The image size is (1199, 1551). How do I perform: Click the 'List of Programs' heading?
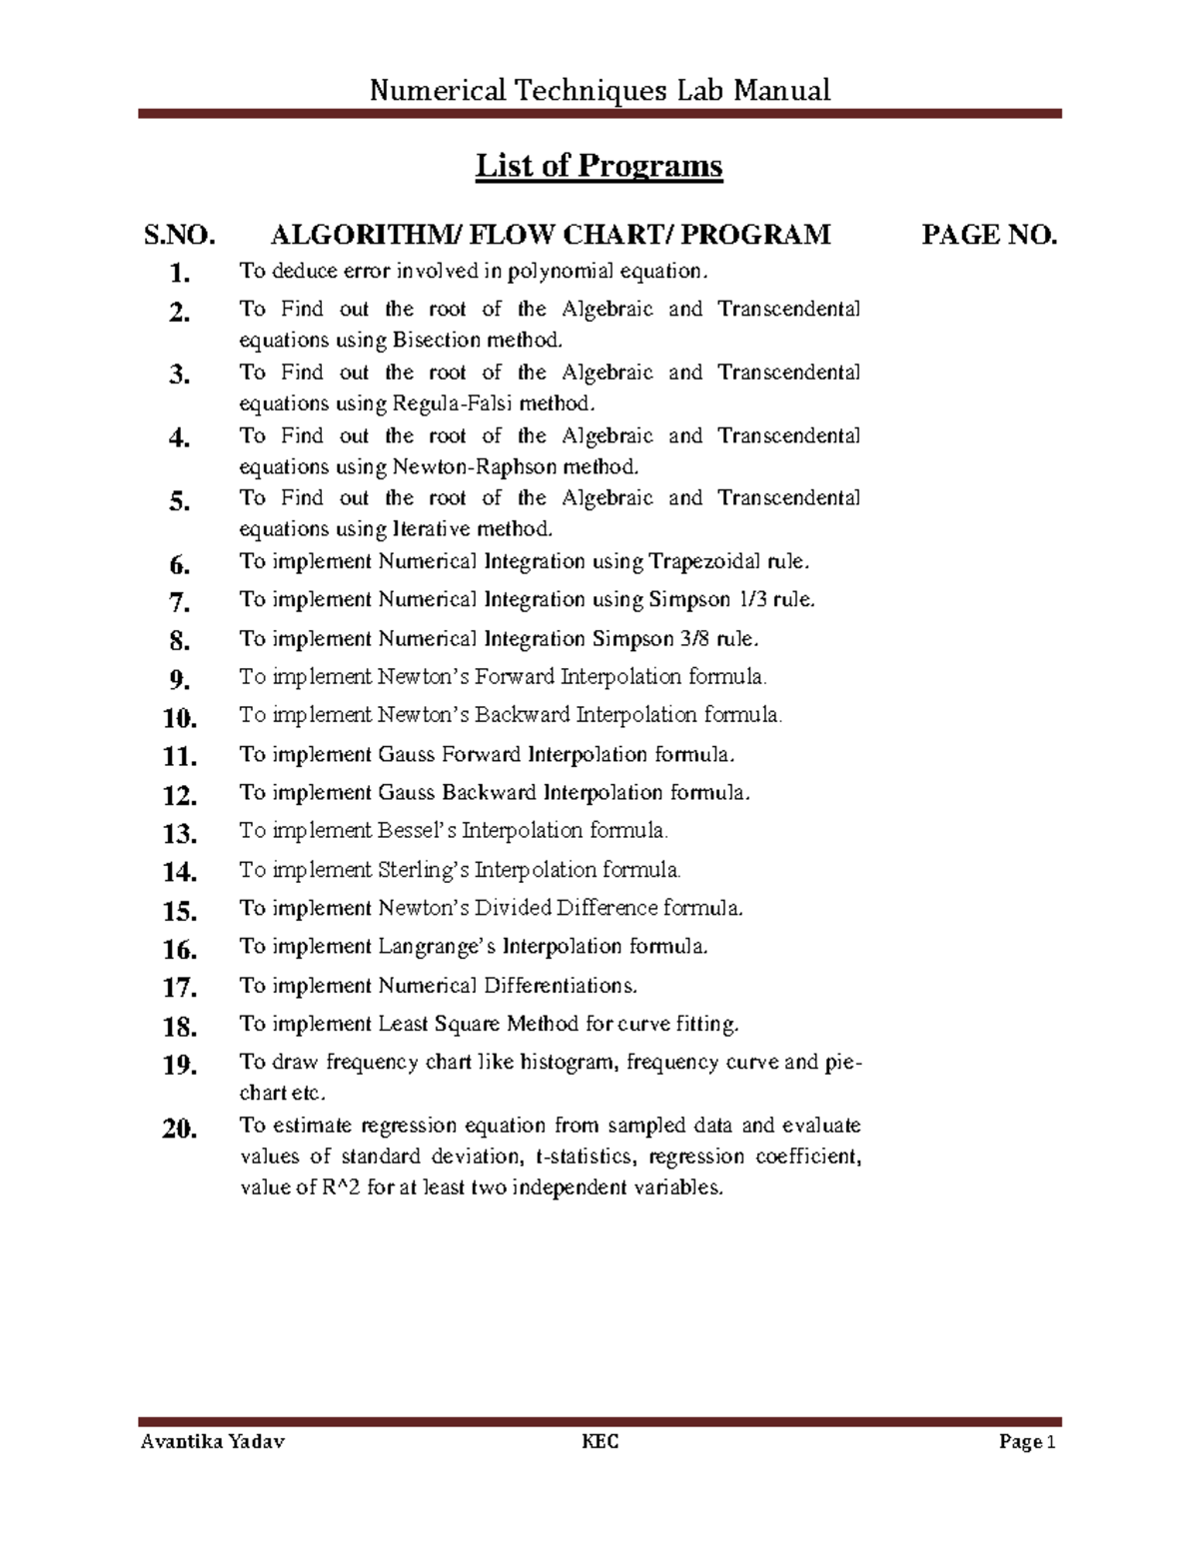[x=599, y=166]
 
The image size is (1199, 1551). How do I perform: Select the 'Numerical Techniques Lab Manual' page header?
[x=599, y=91]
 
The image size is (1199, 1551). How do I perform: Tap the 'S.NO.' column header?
[x=180, y=236]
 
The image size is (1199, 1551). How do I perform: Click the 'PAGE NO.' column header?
[x=988, y=236]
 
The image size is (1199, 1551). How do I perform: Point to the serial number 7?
[x=180, y=602]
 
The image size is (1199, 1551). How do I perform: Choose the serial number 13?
[x=180, y=833]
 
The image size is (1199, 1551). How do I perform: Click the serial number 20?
[x=180, y=1129]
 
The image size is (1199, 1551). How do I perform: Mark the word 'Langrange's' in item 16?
[x=437, y=946]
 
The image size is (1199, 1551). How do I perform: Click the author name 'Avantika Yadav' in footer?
[x=213, y=1442]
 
